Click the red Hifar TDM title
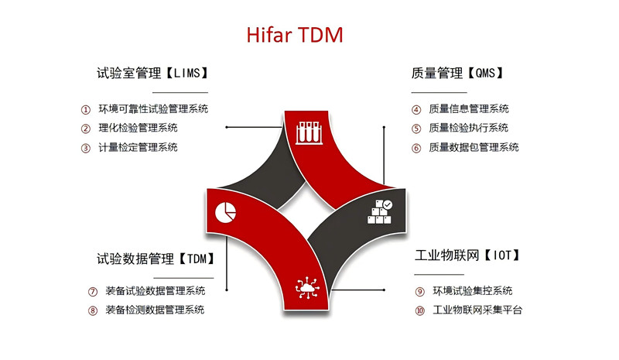[295, 35]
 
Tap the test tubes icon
[309, 132]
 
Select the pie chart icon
[225, 212]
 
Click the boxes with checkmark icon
[380, 212]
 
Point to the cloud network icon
[307, 288]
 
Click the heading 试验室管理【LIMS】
[152, 73]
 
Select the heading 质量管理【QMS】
[457, 73]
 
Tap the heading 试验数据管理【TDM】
[156, 259]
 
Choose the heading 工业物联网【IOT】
[467, 255]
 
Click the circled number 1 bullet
[86, 109]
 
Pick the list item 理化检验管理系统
[139, 128]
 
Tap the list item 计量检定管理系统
[139, 147]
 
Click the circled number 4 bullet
[416, 109]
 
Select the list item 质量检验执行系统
[469, 128]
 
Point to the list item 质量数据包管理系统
[474, 147]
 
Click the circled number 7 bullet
[92, 292]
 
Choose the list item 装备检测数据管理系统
[155, 310]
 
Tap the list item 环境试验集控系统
[473, 291]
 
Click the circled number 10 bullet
[419, 310]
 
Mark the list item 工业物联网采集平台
[477, 310]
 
